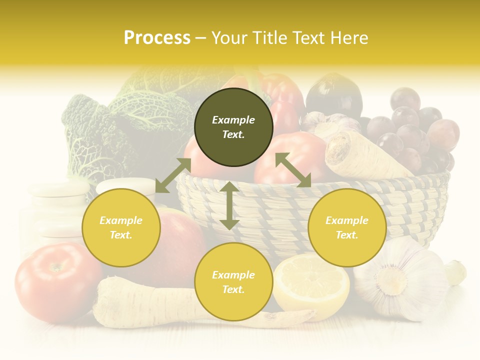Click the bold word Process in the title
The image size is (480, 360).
pyautogui.click(x=157, y=38)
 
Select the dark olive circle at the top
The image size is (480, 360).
pyautogui.click(x=233, y=127)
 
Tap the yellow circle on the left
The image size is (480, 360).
pyautogui.click(x=121, y=228)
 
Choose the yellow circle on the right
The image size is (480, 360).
pyautogui.click(x=347, y=228)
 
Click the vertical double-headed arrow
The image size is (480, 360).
pyautogui.click(x=229, y=205)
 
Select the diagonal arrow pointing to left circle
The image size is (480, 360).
pyautogui.click(x=173, y=175)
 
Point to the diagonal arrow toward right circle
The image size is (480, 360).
pyautogui.click(x=293, y=170)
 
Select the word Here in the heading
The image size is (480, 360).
pyautogui.click(x=350, y=38)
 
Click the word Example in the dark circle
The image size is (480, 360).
pyautogui.click(x=233, y=120)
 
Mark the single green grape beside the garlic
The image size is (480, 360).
pyautogui.click(x=456, y=272)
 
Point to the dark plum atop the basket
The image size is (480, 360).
pyautogui.click(x=334, y=95)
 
